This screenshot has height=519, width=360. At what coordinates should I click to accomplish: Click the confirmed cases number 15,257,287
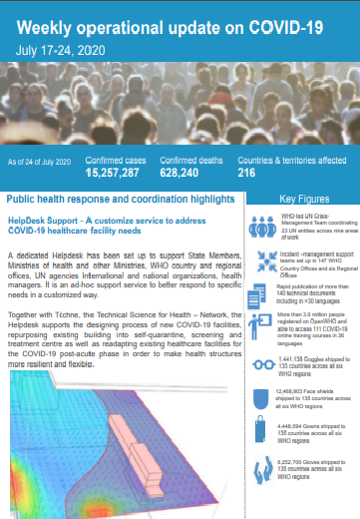click(119, 173)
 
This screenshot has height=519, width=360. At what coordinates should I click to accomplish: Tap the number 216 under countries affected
click(247, 173)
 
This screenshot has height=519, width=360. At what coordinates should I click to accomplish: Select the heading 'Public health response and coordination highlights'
click(120, 200)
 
